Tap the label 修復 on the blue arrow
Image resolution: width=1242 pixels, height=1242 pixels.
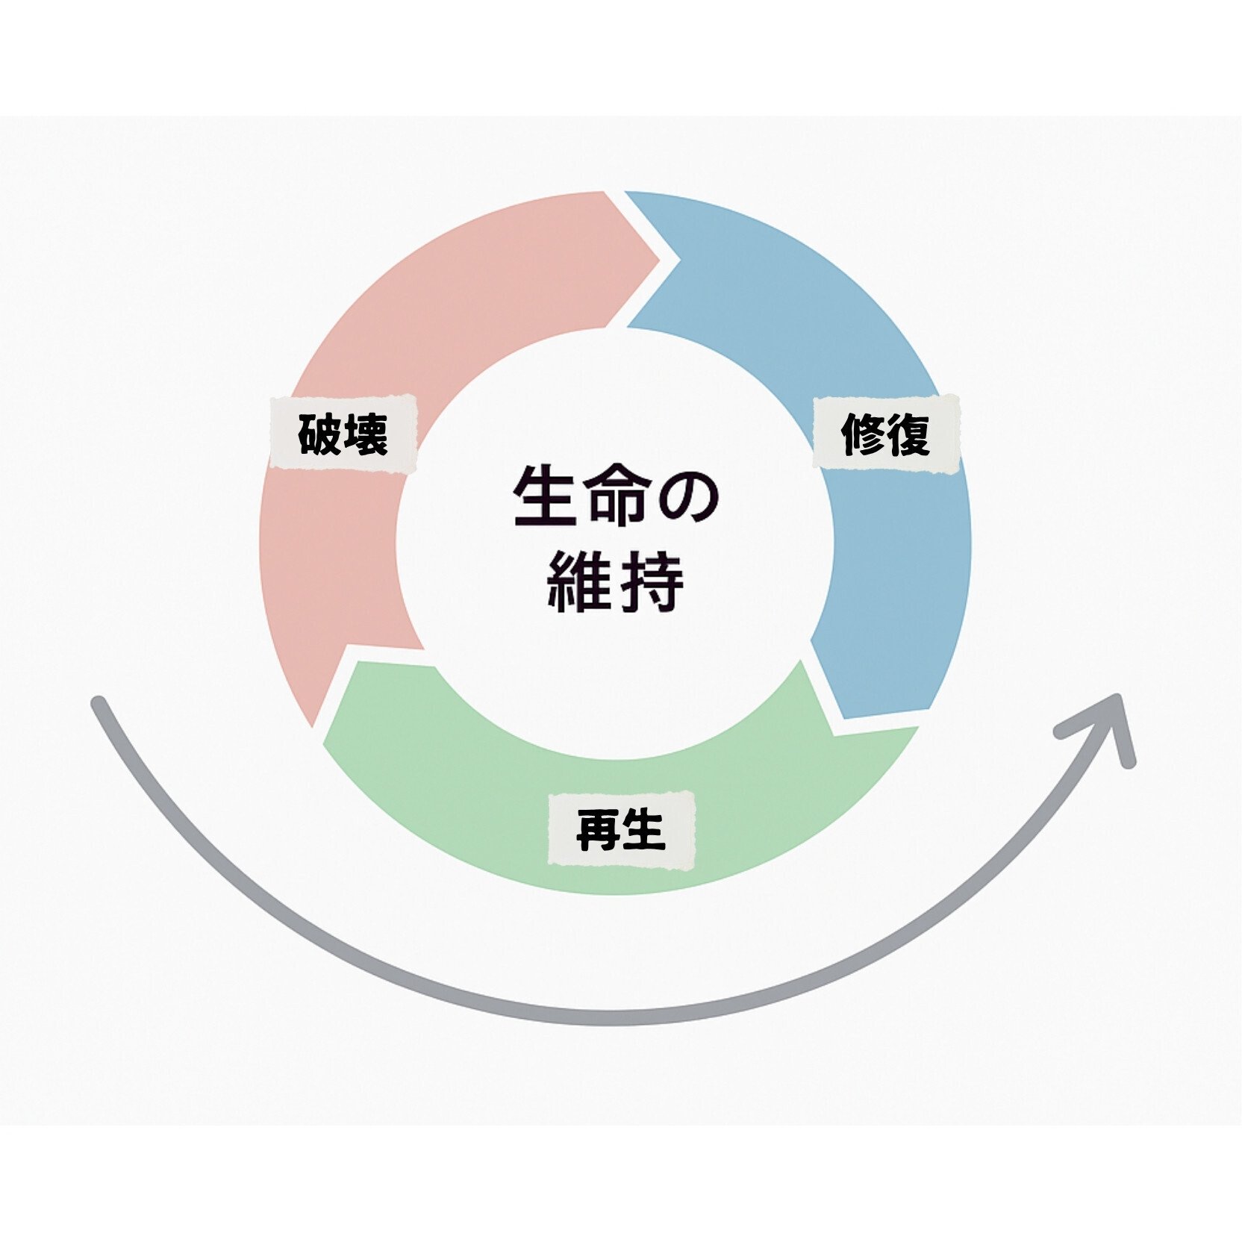click(x=886, y=434)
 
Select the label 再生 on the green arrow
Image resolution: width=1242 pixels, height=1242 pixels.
click(x=621, y=830)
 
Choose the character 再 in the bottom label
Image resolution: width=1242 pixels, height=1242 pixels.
click(x=598, y=830)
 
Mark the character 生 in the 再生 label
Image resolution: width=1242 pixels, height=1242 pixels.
click(x=643, y=830)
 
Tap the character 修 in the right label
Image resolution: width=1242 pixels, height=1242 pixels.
click(x=864, y=434)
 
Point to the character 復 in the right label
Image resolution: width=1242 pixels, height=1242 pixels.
click(x=908, y=434)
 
